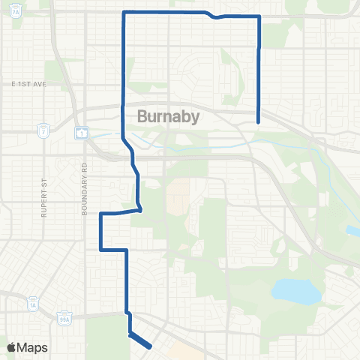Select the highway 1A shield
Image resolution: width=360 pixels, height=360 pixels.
32,304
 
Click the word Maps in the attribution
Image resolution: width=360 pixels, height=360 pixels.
32,347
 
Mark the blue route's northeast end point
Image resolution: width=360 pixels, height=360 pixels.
259,121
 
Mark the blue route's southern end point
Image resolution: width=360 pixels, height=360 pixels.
151,346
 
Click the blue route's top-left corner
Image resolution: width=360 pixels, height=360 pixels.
123,12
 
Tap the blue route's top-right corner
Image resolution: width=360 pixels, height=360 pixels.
259,18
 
